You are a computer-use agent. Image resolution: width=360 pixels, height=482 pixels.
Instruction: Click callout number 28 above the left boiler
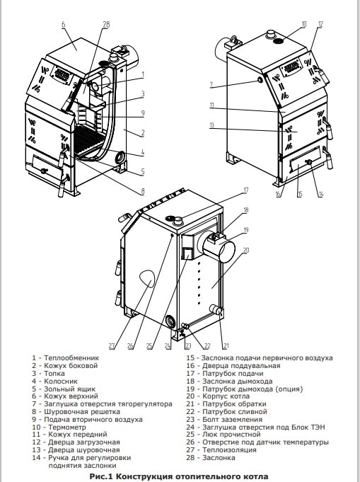tap(105, 25)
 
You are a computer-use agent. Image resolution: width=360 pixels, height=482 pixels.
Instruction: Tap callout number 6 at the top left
tap(63, 25)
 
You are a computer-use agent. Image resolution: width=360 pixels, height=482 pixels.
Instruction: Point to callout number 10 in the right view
tap(304, 24)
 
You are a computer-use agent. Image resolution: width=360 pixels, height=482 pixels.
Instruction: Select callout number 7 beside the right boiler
tap(211, 85)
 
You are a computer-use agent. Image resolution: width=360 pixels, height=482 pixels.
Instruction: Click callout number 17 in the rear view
tap(245, 190)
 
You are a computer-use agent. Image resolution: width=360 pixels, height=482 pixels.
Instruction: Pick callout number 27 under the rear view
tap(111, 346)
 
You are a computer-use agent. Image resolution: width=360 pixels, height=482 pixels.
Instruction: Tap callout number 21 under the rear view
tap(226, 346)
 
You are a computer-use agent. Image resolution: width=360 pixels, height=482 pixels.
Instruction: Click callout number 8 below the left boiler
tap(143, 191)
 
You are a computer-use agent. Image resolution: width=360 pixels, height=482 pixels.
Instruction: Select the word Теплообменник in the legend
tap(71, 358)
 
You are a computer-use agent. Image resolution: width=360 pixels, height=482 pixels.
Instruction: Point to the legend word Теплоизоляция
tap(229, 450)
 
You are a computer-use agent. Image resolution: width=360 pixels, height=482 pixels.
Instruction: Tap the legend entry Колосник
tap(61, 381)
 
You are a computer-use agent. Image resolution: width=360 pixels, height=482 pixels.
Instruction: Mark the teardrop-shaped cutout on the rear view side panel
tap(146, 278)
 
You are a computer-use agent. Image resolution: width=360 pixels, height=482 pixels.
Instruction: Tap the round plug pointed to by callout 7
tap(260, 80)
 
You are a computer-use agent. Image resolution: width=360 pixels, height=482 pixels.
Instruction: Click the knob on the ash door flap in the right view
tap(308, 161)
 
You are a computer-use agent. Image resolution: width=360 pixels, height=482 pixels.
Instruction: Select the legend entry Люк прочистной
tap(231, 435)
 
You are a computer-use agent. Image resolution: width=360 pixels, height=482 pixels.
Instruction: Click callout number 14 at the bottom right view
tap(320, 194)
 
